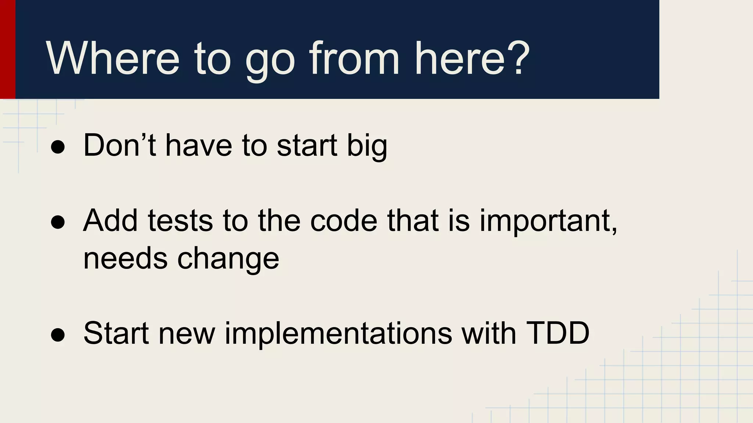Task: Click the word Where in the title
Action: coord(113,59)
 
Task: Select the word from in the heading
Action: coord(354,59)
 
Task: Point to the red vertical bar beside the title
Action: coord(7,50)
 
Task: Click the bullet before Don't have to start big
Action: coord(58,147)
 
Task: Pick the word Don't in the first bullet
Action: coord(119,145)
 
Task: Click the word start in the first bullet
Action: coord(307,145)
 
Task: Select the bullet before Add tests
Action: coord(58,223)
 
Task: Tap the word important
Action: coord(548,222)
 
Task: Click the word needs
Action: coord(125,258)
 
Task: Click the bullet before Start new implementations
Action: coord(58,335)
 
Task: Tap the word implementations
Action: coord(338,334)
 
